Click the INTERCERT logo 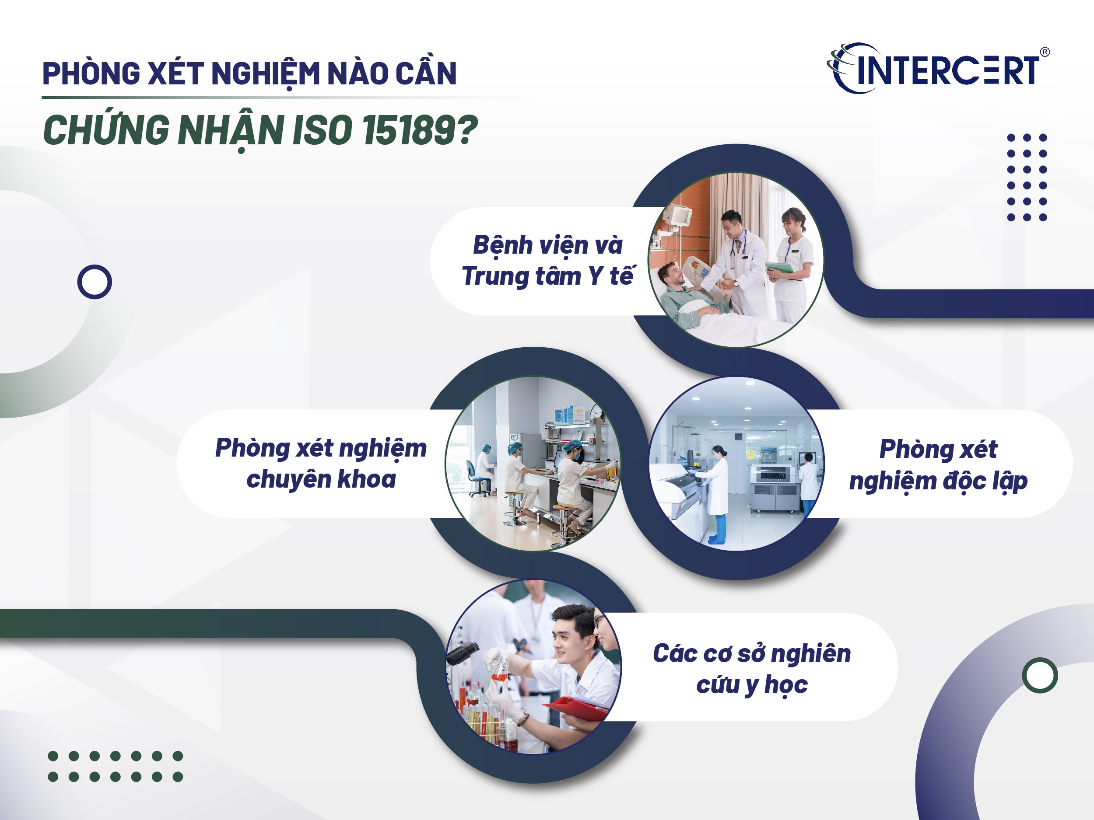coord(937,69)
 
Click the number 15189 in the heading coord(408,130)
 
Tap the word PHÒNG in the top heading coord(91,73)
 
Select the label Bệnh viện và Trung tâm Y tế coord(547,261)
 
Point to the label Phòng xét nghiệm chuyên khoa coord(321,464)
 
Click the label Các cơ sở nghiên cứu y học coord(751,668)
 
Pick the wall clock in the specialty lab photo coord(597,411)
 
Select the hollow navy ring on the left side coord(95,282)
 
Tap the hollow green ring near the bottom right coord(1040,675)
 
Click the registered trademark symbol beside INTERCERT coord(1045,52)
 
